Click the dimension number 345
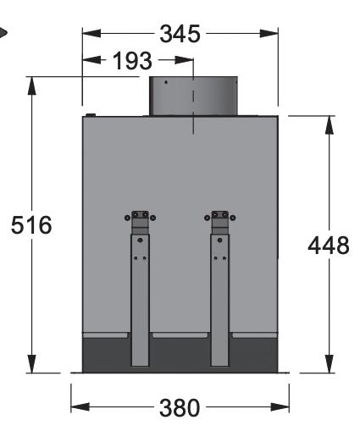click(180, 34)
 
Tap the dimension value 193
click(132, 61)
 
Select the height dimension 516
click(31, 224)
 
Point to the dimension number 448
click(329, 246)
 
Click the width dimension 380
click(180, 408)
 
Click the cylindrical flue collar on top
click(193, 96)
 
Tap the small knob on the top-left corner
click(91, 115)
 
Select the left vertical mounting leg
click(140, 300)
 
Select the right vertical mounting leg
click(219, 300)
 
